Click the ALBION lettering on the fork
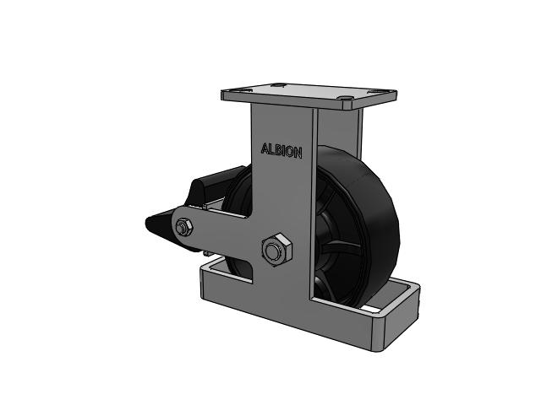tap(281, 151)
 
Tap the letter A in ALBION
tap(265, 148)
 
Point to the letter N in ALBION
tap(298, 153)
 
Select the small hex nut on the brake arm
tap(183, 227)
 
